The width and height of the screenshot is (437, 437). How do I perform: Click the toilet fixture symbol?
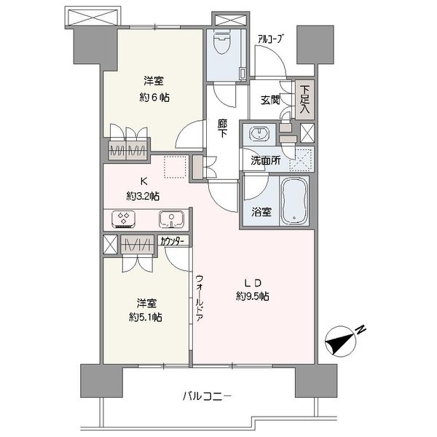pyautogui.click(x=223, y=42)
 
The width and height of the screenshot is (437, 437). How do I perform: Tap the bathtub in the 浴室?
pyautogui.click(x=294, y=200)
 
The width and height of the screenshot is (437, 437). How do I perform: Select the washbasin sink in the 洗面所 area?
pyautogui.click(x=260, y=134)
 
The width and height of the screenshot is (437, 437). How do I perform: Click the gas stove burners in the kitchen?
pyautogui.click(x=124, y=218)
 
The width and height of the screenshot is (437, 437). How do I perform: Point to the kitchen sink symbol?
pyautogui.click(x=171, y=219)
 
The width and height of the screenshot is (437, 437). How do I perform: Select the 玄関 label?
pyautogui.click(x=270, y=101)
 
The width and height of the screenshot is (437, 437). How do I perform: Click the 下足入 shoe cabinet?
pyautogui.click(x=304, y=100)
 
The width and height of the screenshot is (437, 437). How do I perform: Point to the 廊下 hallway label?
pyautogui.click(x=222, y=128)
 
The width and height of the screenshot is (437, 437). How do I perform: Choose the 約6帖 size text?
pyautogui.click(x=154, y=98)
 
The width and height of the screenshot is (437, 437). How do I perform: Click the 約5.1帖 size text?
pyautogui.click(x=146, y=318)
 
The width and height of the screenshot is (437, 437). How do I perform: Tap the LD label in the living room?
pyautogui.click(x=253, y=283)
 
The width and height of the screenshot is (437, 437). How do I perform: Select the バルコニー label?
pyautogui.click(x=207, y=396)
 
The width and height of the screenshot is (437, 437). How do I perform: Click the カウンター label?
pyautogui.click(x=172, y=241)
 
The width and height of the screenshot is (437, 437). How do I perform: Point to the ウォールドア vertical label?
pyautogui.click(x=200, y=298)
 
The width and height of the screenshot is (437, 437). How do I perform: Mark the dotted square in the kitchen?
pyautogui.click(x=175, y=167)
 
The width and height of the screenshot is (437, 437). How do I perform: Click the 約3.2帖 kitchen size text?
pyautogui.click(x=143, y=197)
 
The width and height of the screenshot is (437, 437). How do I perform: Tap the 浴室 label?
pyautogui.click(x=261, y=213)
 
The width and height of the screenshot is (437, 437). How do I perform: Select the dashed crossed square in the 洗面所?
pyautogui.click(x=301, y=160)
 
